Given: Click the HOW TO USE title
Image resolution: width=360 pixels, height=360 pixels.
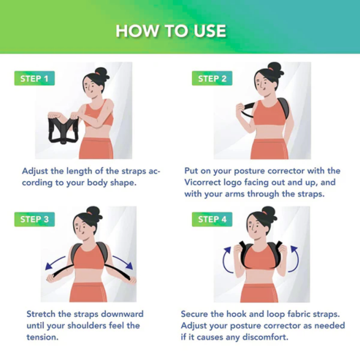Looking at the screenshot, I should point(180,31).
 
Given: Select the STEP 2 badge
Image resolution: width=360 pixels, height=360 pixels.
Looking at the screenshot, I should point(212,79).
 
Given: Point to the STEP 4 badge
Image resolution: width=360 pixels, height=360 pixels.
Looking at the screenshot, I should point(212,219).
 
